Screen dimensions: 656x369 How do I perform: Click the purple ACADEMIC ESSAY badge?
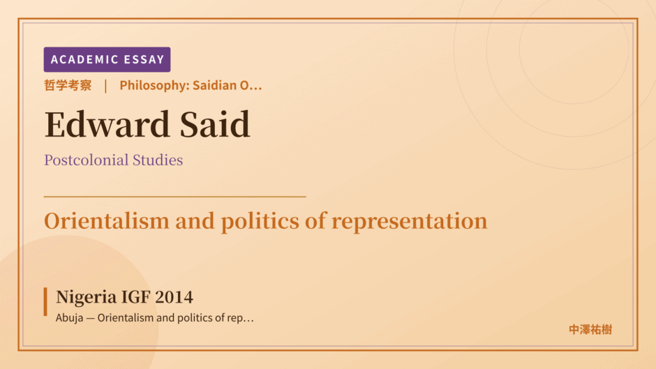[107, 59]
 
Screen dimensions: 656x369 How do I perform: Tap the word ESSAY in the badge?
[144, 59]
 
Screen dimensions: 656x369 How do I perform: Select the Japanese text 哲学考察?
[68, 85]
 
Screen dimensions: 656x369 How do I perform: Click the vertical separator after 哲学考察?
[105, 86]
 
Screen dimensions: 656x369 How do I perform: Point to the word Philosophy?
[154, 85]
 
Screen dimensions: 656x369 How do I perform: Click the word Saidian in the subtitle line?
[215, 85]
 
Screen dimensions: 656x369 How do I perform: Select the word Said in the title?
[215, 124]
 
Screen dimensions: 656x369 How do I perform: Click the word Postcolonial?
[86, 160]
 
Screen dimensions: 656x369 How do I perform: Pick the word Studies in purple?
[158, 160]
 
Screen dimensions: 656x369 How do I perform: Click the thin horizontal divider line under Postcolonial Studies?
[175, 196]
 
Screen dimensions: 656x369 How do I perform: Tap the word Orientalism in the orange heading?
[107, 221]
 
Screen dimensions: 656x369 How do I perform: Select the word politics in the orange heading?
[260, 222]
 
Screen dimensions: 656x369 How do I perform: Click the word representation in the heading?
[410, 222]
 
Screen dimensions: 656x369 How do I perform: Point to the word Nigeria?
[86, 297]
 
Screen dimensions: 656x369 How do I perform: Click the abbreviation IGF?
[135, 297]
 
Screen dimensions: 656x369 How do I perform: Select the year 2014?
[174, 297]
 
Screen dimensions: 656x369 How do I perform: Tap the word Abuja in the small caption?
[70, 318]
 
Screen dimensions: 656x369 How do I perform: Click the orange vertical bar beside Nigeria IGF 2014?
[45, 301]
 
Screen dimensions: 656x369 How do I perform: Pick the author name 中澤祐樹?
[590, 330]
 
